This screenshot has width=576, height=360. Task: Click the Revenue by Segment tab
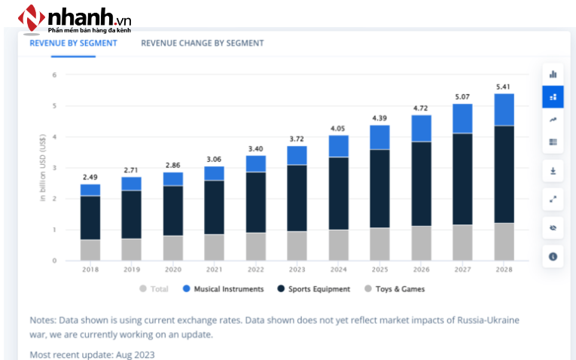coord(73,43)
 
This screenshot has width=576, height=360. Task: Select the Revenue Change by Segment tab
coord(202,43)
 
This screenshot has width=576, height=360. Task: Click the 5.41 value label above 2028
coord(504,87)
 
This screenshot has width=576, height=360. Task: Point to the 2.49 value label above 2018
coord(90,177)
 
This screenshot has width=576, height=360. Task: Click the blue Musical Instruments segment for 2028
coord(504,109)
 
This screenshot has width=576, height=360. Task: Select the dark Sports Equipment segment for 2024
coord(339,193)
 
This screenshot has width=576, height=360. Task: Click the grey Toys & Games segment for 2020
coord(173,248)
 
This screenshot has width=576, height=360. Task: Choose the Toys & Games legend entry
coord(399,288)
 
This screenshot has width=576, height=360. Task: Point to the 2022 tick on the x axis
coord(256,268)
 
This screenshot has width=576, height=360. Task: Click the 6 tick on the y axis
coord(54,75)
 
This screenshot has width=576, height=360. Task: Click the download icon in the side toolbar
coord(553,171)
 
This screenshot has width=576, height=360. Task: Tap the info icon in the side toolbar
coord(553,257)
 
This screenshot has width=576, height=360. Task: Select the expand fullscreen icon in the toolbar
coord(553,199)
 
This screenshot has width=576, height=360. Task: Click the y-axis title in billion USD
coord(44,168)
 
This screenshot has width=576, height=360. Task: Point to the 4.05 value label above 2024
coord(339,128)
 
